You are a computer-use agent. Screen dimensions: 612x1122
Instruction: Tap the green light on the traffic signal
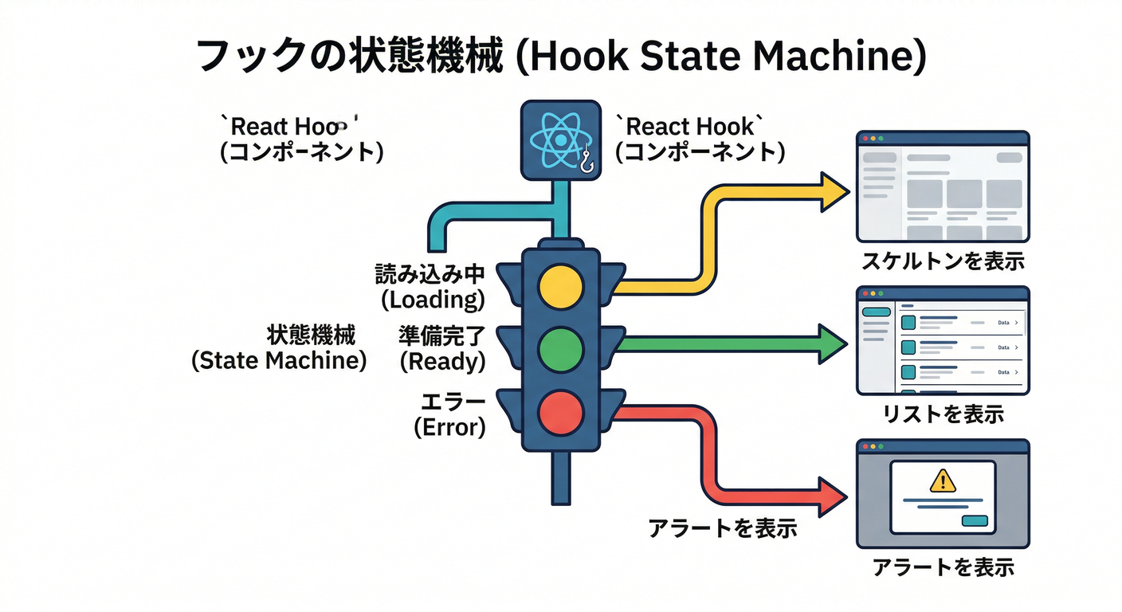click(561, 348)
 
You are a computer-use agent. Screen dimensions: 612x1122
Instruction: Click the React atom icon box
click(561, 140)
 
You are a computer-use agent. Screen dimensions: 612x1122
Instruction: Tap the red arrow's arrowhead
click(834, 498)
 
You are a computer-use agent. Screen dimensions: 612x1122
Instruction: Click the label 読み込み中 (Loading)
click(430, 287)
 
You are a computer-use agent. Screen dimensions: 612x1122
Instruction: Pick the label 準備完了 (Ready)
click(441, 348)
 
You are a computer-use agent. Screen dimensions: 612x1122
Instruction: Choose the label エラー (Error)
click(449, 413)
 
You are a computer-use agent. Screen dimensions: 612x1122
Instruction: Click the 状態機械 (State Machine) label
click(279, 347)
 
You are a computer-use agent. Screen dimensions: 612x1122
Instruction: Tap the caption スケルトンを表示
click(943, 261)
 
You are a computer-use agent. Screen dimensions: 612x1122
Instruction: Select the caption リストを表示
click(943, 414)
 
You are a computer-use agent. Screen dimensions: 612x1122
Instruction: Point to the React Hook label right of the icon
click(694, 138)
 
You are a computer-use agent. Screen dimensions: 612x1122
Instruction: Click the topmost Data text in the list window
click(1003, 323)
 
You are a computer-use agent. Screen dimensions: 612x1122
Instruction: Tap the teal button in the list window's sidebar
click(876, 312)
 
